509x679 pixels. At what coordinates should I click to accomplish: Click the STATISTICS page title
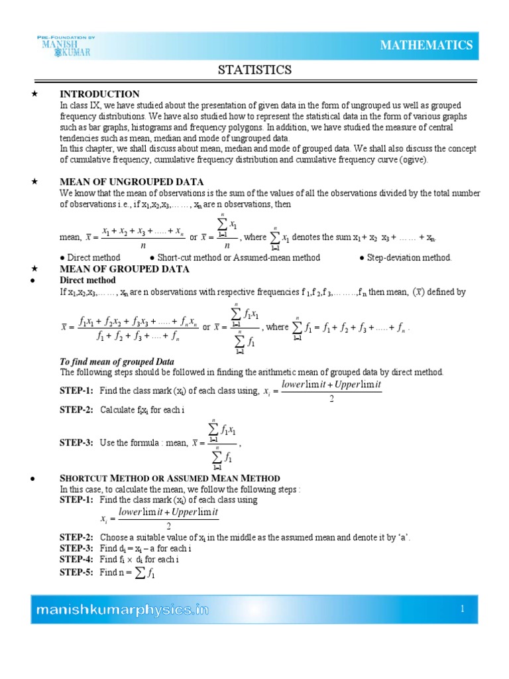coord(255,70)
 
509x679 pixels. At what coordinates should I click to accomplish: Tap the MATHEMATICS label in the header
coord(426,45)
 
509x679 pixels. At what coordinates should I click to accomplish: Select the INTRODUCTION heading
coord(99,94)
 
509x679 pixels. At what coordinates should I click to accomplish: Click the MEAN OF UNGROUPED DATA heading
coord(131,182)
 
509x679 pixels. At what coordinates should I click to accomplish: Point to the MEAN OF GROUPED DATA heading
coord(125,269)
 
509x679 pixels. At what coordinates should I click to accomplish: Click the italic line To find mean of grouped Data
coord(117,361)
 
